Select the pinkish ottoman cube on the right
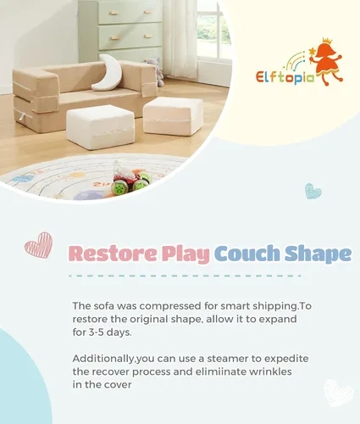(x=173, y=115)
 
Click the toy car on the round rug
(x=132, y=181)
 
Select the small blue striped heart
(x=313, y=191)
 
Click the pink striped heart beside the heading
(x=38, y=245)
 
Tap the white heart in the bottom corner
(x=338, y=393)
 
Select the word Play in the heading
(x=184, y=254)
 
